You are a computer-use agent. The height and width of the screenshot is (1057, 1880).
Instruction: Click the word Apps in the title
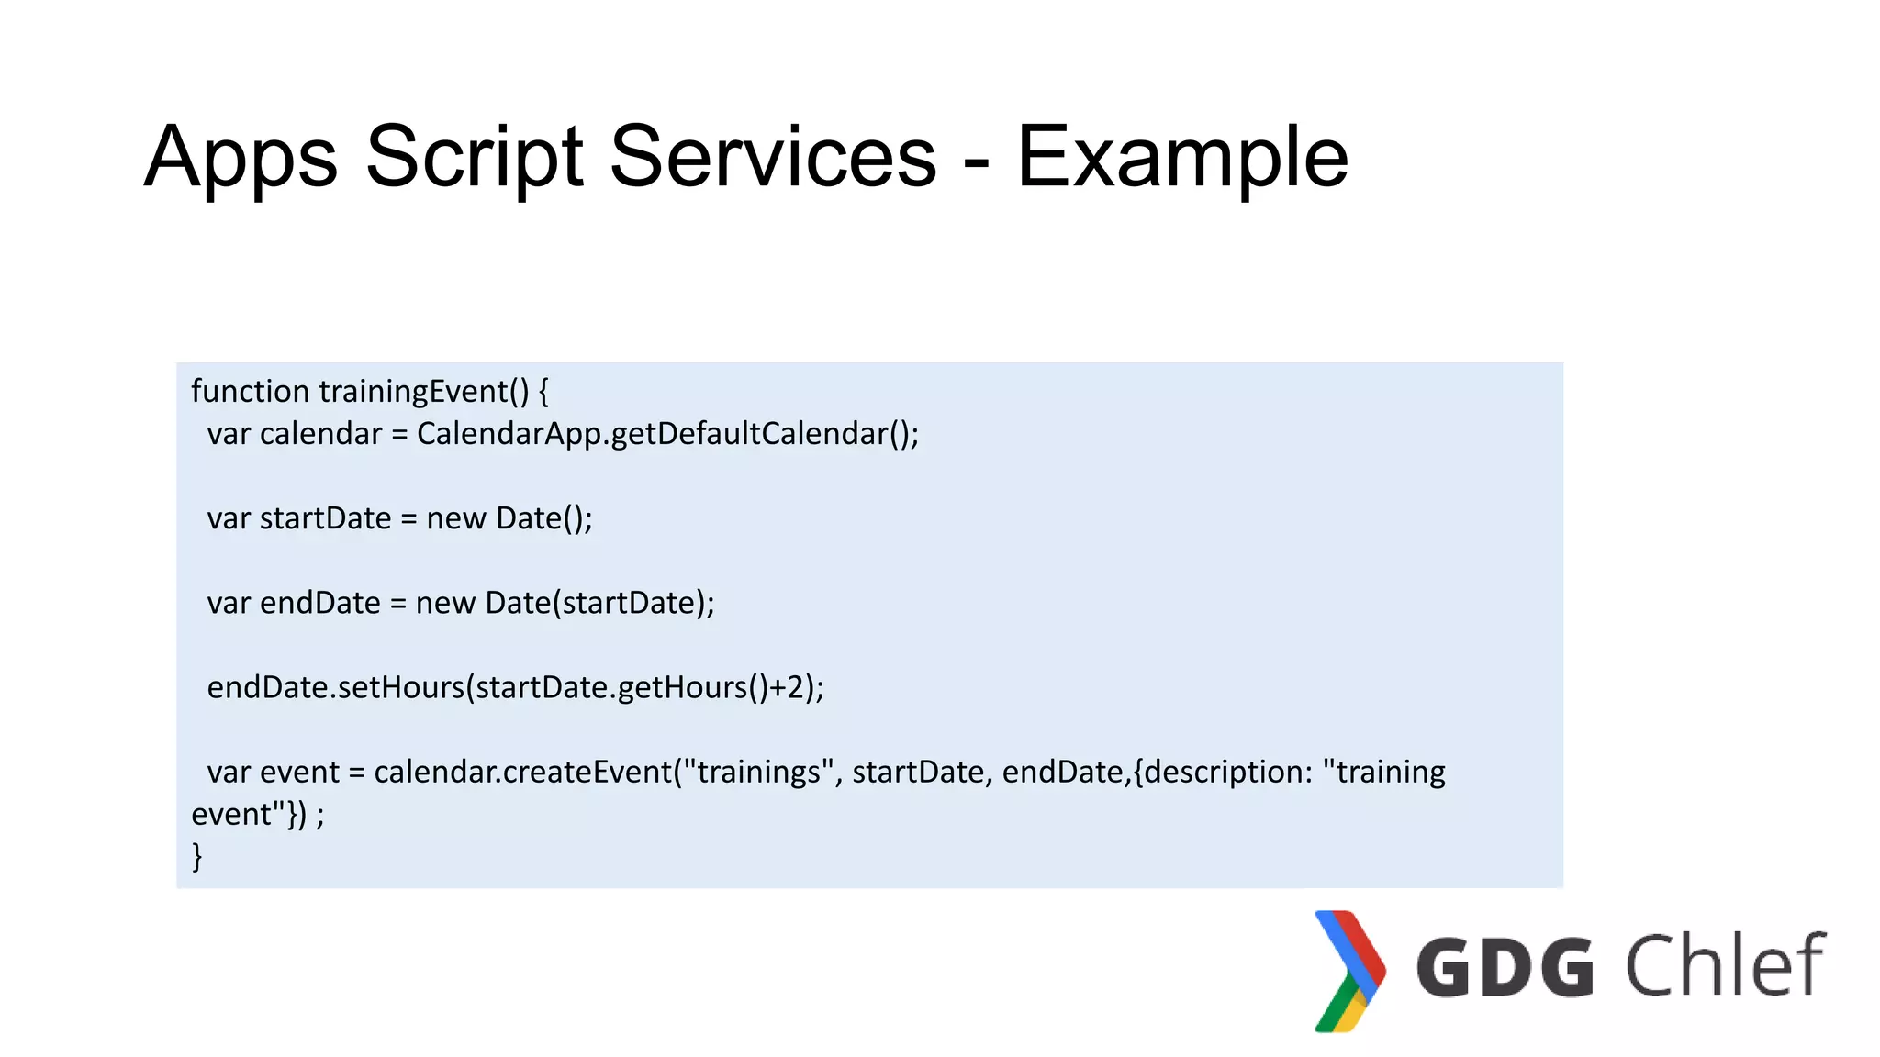241,158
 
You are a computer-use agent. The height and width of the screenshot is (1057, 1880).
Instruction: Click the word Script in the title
474,158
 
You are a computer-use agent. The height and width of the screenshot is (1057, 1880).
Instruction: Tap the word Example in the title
1182,158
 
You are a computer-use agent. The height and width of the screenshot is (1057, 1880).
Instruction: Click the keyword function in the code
250,392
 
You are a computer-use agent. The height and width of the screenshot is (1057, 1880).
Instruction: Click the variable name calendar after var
320,434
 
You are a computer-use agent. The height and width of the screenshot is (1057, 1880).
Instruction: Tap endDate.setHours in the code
336,687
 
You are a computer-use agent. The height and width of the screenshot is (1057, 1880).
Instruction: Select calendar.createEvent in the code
523,772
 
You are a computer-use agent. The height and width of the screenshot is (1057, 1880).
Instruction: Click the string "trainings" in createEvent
758,772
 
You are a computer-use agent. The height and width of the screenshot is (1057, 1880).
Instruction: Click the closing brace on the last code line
196,856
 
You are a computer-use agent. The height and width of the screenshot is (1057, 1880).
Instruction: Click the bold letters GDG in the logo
1505,967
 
